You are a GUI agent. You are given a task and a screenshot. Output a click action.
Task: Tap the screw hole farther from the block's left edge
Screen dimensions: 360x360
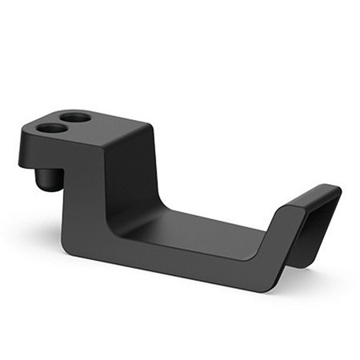76,118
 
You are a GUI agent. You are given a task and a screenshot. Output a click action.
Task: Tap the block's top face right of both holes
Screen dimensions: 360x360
120,128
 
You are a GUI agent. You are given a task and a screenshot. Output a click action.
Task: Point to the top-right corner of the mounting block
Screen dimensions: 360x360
149,126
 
